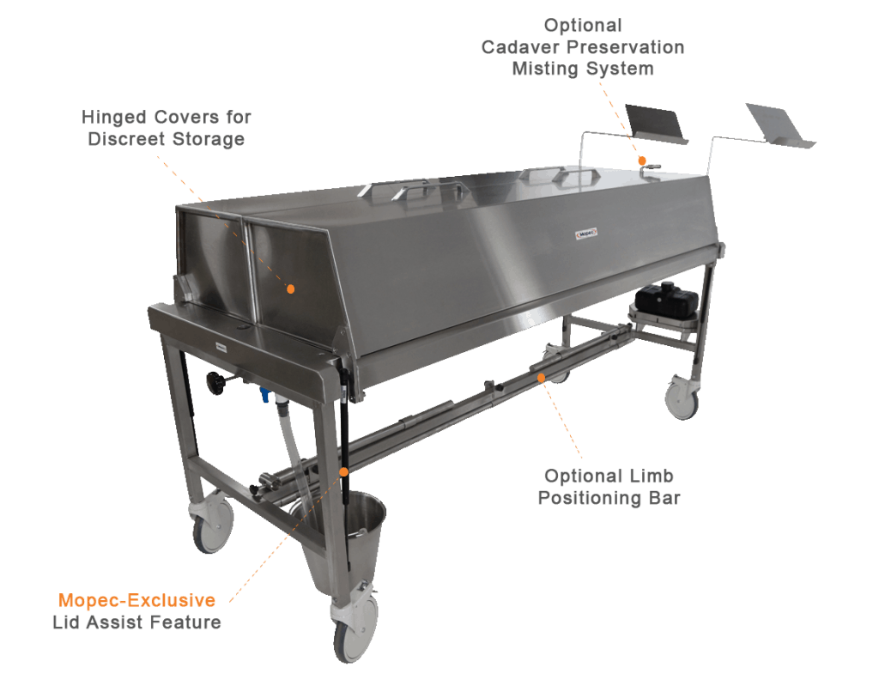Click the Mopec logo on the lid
click(x=586, y=233)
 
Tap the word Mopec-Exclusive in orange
click(x=136, y=600)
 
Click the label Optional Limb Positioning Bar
click(x=609, y=487)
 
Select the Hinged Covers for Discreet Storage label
click(x=167, y=128)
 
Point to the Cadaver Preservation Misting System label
click(x=583, y=47)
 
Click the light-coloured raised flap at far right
click(x=779, y=125)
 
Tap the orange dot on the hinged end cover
click(x=291, y=289)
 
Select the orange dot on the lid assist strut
click(x=343, y=471)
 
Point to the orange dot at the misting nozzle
click(x=641, y=161)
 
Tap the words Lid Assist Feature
click(x=136, y=622)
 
